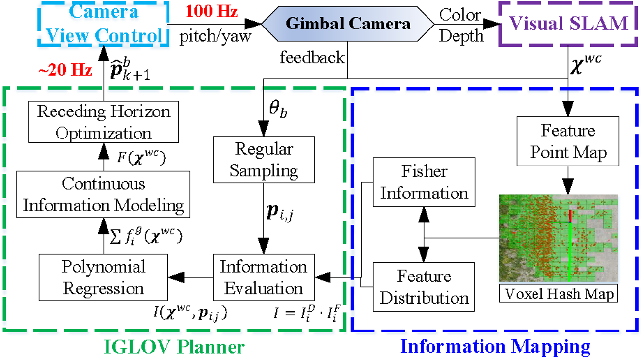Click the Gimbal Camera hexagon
pyautogui.click(x=348, y=24)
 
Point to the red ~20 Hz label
pyautogui.click(x=65, y=70)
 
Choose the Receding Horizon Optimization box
pyautogui.click(x=104, y=122)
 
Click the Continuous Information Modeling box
pyautogui.click(x=103, y=194)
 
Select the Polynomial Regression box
pyautogui.click(x=104, y=277)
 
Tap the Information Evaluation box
pyautogui.click(x=264, y=277)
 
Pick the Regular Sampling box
pyautogui.click(x=264, y=160)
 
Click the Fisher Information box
pyautogui.click(x=424, y=182)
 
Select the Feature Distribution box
pyautogui.click(x=424, y=287)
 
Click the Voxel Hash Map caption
pyautogui.click(x=558, y=294)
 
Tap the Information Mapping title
pyautogui.click(x=496, y=347)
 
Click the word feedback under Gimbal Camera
pyautogui.click(x=313, y=58)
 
